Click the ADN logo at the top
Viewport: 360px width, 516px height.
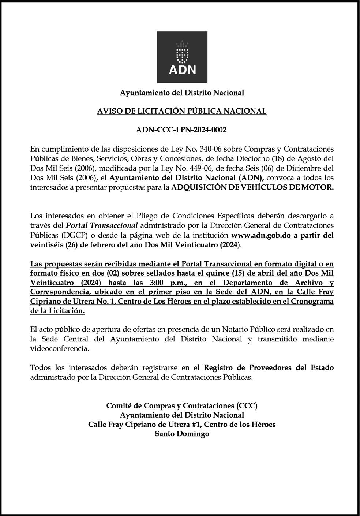tap(182, 57)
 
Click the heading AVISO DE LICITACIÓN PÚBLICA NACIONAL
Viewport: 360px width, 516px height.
tap(182, 111)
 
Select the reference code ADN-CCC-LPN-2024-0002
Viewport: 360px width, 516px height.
tap(181, 130)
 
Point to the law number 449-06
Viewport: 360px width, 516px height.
tap(171, 168)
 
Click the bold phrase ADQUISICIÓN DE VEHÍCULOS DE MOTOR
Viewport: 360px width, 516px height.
tap(253, 188)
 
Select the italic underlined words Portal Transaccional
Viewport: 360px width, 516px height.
tap(102, 225)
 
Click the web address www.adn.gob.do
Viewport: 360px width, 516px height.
tap(261, 235)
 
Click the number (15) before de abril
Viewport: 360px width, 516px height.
tap(223, 273)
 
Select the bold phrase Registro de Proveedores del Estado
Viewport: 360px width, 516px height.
tap(269, 368)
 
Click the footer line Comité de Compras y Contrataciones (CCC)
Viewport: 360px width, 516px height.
tap(182, 406)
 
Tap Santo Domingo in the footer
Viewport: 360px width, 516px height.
tap(182, 434)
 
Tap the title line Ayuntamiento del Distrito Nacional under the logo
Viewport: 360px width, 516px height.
tap(182, 93)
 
